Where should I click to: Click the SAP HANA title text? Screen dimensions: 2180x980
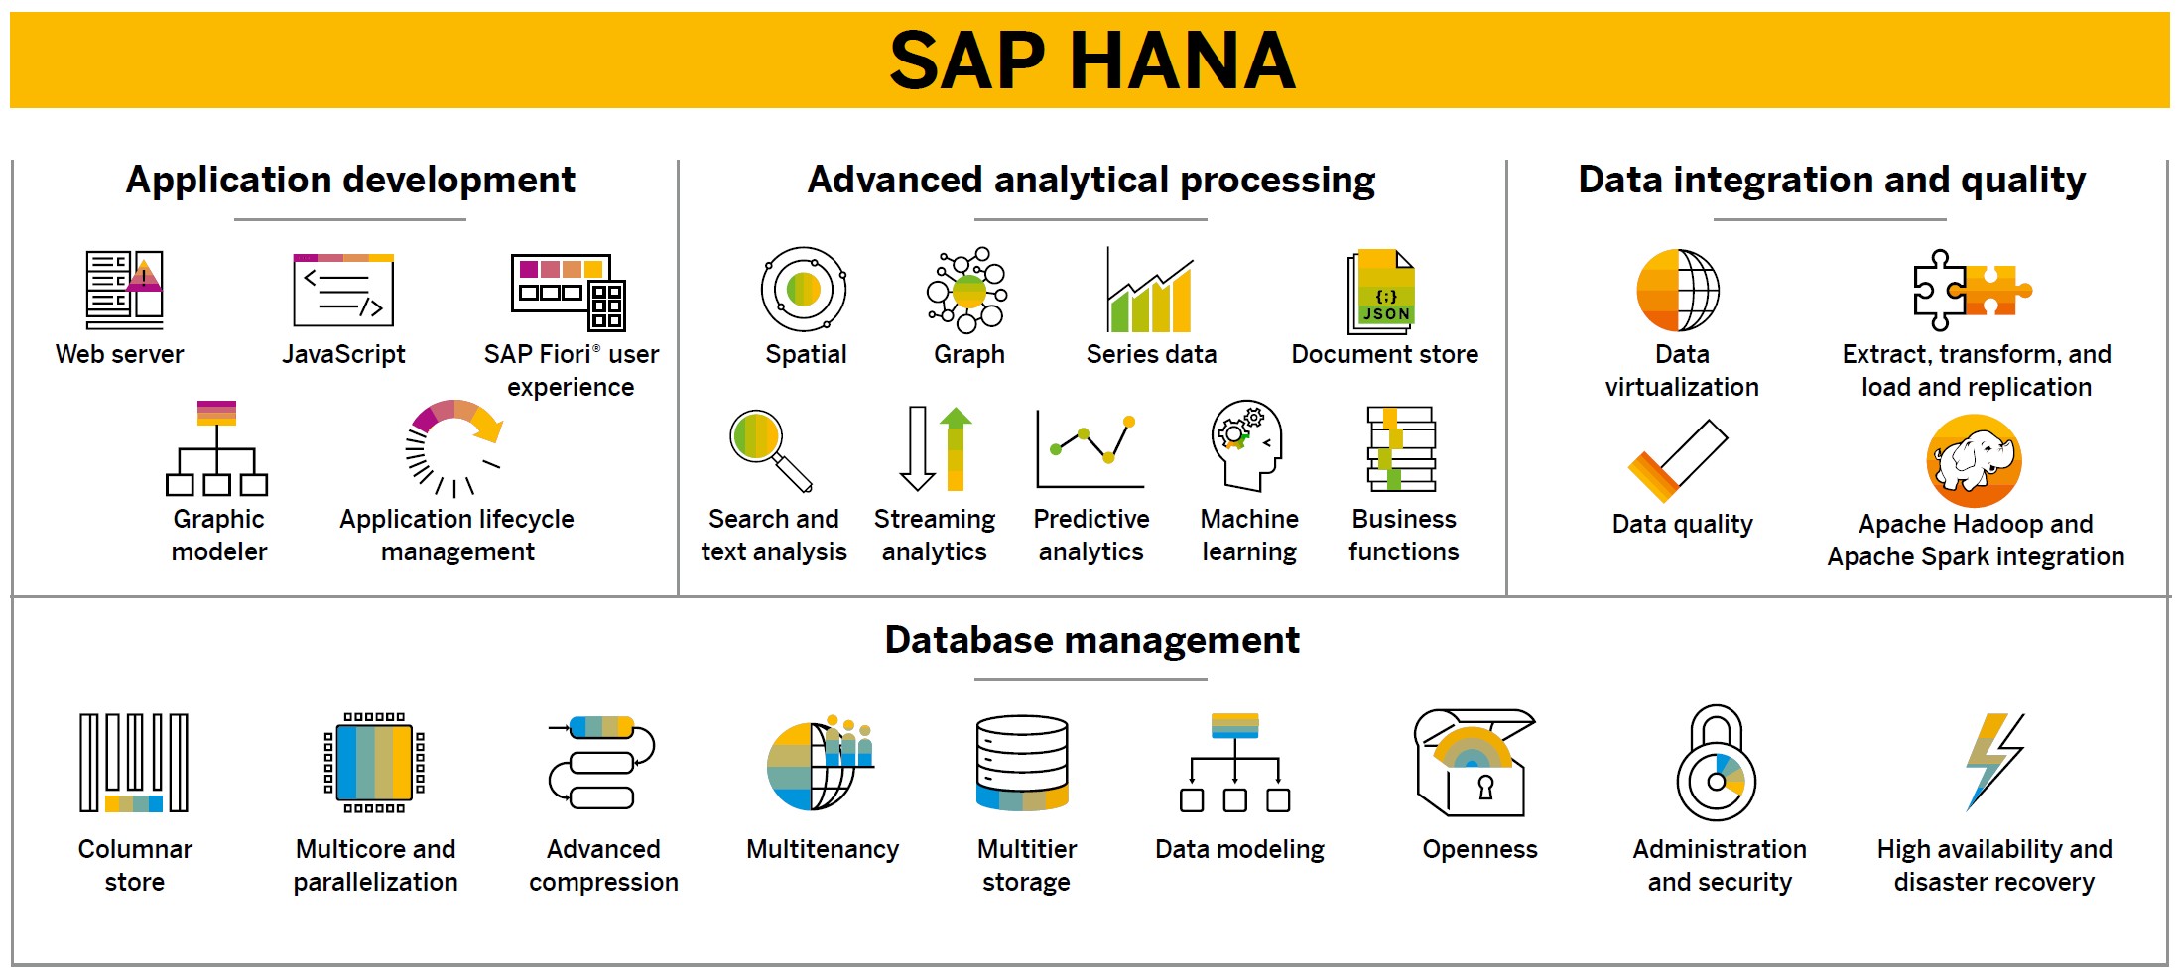(1091, 60)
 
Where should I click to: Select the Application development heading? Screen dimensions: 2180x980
(350, 180)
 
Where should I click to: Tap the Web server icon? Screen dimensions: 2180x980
(124, 290)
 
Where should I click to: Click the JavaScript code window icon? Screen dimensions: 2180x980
(343, 290)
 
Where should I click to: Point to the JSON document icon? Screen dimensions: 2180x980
(1380, 292)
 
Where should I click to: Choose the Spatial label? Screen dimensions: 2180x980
(806, 354)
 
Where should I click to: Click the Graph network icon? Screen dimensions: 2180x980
(967, 290)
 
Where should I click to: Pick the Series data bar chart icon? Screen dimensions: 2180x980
(1150, 290)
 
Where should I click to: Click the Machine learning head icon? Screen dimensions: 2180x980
(1246, 445)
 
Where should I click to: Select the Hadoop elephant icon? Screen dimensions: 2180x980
(1974, 461)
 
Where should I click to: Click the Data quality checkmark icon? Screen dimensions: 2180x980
(1678, 460)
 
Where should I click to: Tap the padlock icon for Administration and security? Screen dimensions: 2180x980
(1717, 763)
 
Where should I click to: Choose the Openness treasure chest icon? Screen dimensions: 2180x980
(1474, 762)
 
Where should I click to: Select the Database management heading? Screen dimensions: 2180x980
(1091, 640)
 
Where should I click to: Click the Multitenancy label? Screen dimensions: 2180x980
(823, 849)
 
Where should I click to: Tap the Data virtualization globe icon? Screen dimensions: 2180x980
(1678, 290)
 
